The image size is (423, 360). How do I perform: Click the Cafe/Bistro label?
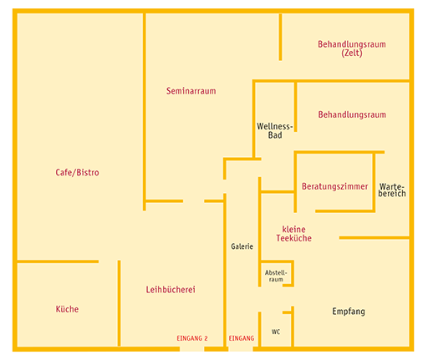point(77,173)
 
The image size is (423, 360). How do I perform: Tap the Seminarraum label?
point(191,91)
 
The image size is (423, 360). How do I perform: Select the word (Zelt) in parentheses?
point(352,53)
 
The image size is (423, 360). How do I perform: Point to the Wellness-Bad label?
point(275,130)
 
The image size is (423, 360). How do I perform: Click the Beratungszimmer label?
point(334,186)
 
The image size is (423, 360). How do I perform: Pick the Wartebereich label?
point(392,190)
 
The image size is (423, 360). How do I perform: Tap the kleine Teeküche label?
point(293,234)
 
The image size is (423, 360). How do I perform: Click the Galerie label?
point(242,246)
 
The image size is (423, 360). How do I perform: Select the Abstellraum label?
point(276,276)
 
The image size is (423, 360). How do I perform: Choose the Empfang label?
point(349,312)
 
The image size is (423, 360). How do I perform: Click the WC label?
point(276,332)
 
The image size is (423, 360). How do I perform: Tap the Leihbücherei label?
point(171,290)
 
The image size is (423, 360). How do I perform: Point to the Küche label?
point(67,309)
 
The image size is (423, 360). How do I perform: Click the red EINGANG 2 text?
point(192,338)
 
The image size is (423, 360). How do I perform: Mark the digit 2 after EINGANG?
point(206,338)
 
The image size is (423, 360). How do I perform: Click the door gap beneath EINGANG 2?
point(191,349)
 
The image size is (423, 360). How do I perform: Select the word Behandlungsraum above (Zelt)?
point(352,44)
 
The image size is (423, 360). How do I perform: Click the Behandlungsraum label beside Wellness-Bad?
point(352,114)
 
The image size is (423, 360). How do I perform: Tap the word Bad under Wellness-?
point(275,135)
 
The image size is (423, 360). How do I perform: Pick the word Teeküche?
point(293,238)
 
